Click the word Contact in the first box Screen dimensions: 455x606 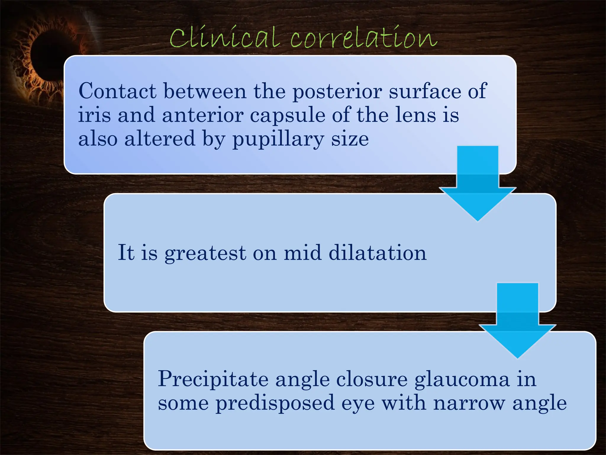click(117, 91)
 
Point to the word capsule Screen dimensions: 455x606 click(288, 116)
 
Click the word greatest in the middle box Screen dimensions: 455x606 click(205, 253)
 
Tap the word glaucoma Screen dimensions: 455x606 click(462, 379)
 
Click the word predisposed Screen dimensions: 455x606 click(275, 404)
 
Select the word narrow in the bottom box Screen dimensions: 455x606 click(469, 403)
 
